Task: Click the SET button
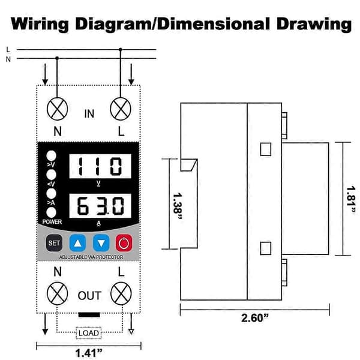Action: click(54, 243)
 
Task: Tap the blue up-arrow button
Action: click(77, 243)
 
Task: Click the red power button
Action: click(124, 243)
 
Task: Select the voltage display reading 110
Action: click(100, 166)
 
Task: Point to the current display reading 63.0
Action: click(100, 206)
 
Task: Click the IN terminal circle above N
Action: click(58, 109)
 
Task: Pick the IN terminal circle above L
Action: click(121, 109)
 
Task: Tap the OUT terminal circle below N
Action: click(58, 293)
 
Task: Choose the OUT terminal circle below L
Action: click(121, 293)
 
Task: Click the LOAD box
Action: click(89, 333)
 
